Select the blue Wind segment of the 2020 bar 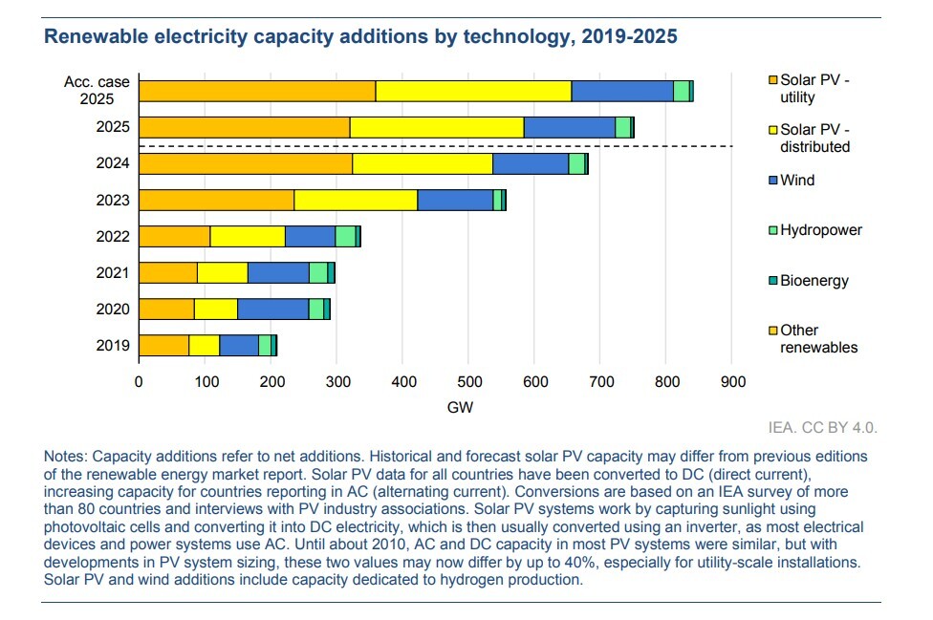tap(272, 309)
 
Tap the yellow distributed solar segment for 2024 tap(423, 163)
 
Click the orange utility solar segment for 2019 tap(163, 345)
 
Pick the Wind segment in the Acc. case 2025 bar tap(622, 91)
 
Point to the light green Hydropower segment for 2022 tap(345, 236)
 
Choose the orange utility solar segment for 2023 tap(216, 200)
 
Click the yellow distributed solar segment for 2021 tap(223, 272)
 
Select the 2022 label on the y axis tap(113, 236)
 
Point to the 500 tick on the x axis tap(468, 382)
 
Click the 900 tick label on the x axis tap(732, 382)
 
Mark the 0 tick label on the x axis tap(139, 382)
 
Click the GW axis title tap(460, 408)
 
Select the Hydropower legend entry tap(820, 230)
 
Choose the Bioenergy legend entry tap(814, 281)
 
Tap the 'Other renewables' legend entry tap(818, 339)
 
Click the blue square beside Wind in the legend tap(773, 181)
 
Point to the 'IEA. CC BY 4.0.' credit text tap(822, 427)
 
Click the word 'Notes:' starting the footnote tap(65, 456)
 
